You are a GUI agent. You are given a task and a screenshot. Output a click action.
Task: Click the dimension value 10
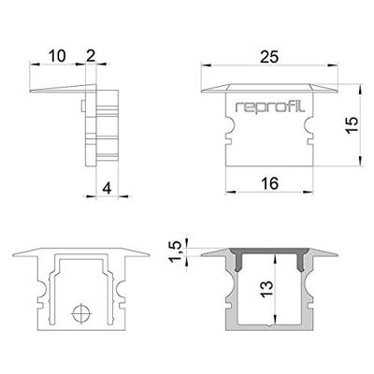pyautogui.click(x=56, y=57)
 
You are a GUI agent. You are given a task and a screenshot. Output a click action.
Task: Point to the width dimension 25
pyautogui.click(x=270, y=57)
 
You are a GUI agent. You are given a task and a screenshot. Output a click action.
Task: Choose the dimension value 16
pyautogui.click(x=270, y=185)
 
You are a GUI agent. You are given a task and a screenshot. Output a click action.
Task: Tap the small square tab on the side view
pyautogui.click(x=86, y=103)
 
